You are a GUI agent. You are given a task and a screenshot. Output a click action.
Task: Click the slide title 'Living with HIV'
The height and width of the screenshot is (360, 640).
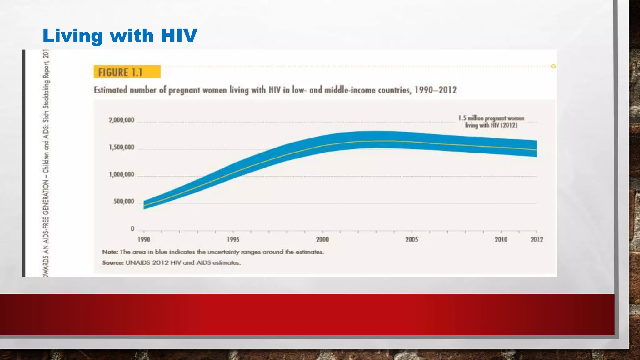point(120,35)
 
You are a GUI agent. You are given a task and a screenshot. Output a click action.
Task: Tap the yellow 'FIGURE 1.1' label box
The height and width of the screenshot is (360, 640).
point(127,72)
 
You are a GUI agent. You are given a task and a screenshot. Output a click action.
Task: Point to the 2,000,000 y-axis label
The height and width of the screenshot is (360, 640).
point(121,120)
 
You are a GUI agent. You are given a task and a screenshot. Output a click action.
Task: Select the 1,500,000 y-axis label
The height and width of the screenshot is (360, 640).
point(121,147)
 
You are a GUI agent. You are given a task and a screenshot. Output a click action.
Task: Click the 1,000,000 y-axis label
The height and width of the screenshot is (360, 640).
point(121,174)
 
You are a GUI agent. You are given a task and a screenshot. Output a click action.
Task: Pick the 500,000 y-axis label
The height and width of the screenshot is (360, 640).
point(124,202)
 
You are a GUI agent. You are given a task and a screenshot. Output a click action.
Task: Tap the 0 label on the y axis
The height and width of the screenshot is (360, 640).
point(132,229)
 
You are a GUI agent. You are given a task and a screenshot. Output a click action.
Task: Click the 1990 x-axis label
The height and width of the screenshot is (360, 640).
point(144,240)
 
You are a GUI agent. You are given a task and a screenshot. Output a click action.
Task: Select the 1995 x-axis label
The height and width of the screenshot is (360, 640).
point(233,240)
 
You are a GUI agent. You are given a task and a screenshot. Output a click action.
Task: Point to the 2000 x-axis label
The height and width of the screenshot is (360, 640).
point(322,240)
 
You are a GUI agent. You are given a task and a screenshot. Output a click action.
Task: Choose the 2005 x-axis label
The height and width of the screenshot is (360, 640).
point(412,240)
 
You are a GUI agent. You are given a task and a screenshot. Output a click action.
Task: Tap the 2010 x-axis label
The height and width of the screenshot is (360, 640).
point(501,240)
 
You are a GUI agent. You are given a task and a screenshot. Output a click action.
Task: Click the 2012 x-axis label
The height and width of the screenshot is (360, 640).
point(537,240)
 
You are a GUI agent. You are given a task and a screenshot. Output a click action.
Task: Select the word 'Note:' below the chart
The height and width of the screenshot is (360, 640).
point(110,252)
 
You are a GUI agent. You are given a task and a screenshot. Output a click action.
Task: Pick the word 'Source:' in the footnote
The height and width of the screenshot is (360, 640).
point(113,263)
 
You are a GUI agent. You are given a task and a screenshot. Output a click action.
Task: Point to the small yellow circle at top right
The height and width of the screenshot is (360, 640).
point(553,66)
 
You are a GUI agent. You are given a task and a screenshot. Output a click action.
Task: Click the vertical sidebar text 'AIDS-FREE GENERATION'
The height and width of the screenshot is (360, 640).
point(46,212)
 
